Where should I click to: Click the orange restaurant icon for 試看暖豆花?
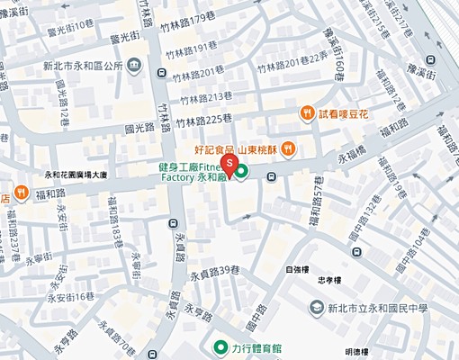[x=306, y=113]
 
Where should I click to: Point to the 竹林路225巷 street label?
[x=202, y=121]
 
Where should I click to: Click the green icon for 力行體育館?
[x=219, y=346]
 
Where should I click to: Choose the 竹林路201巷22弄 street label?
[x=293, y=60]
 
